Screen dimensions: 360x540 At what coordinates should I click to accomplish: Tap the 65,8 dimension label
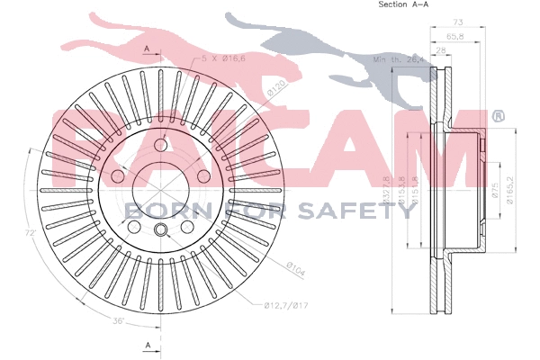453,36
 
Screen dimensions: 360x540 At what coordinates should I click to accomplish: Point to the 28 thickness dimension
440,52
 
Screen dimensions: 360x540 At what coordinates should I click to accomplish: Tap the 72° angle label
29,232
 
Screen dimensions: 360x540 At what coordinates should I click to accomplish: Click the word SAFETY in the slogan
370,211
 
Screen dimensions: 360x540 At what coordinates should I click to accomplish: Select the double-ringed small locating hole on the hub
163,232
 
